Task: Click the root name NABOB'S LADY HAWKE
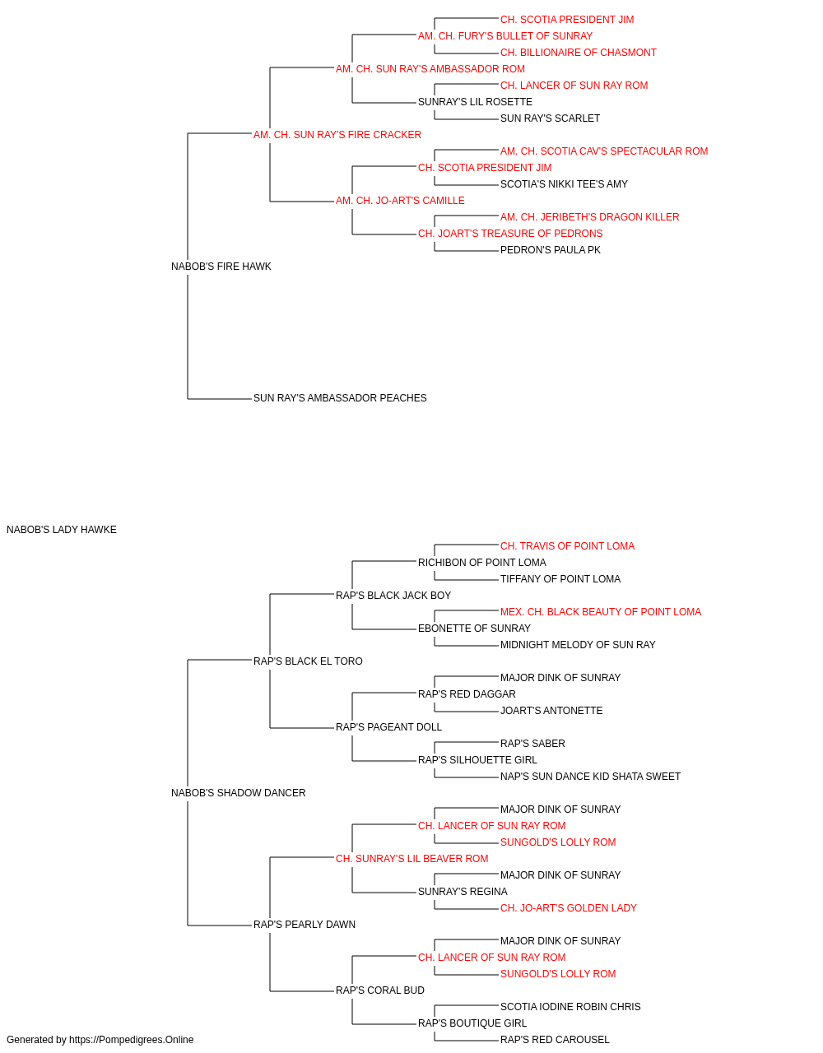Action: pyautogui.click(x=62, y=530)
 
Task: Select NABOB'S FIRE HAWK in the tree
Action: pyautogui.click(x=221, y=267)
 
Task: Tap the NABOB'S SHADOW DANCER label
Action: pyautogui.click(x=239, y=793)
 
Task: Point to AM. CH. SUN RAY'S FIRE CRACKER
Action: pyautogui.click(x=337, y=135)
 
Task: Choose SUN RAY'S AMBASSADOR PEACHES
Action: pyautogui.click(x=340, y=398)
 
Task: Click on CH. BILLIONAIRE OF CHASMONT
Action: pyautogui.click(x=579, y=53)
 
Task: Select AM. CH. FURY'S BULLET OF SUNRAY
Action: pyautogui.click(x=505, y=36)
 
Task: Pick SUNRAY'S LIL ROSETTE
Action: pyautogui.click(x=475, y=102)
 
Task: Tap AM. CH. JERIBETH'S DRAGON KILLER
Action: pyautogui.click(x=590, y=217)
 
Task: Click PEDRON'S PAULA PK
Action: pyautogui.click(x=551, y=250)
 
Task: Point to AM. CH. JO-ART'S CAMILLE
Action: pyautogui.click(x=400, y=201)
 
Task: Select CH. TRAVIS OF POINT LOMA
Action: pyautogui.click(x=568, y=546)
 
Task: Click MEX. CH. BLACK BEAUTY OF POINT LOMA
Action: pyautogui.click(x=601, y=612)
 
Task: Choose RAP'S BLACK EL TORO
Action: pyautogui.click(x=309, y=661)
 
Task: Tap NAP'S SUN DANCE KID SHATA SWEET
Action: pyautogui.click(x=590, y=777)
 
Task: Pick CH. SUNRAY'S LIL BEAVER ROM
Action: pyautogui.click(x=412, y=859)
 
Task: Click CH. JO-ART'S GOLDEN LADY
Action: pyautogui.click(x=569, y=908)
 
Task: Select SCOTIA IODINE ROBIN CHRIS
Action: pyautogui.click(x=570, y=1007)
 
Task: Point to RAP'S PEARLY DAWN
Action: pyautogui.click(x=305, y=925)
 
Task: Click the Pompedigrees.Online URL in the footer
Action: pyautogui.click(x=132, y=1040)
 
